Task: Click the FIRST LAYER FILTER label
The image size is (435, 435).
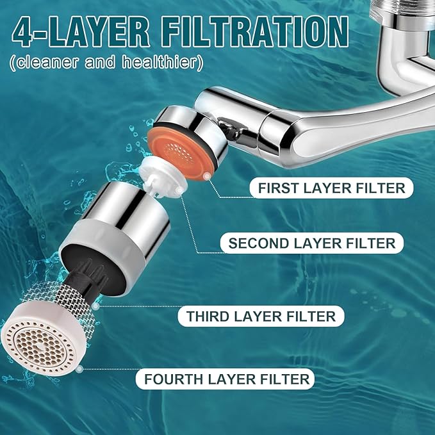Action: [x=331, y=188]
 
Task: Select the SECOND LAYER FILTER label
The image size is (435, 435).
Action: [x=313, y=243]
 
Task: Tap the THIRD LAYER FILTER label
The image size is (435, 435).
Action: [x=261, y=316]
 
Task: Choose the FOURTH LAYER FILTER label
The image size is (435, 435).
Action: [x=227, y=379]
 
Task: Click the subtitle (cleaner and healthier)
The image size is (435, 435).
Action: [x=106, y=63]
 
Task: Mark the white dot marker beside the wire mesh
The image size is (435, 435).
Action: [x=95, y=307]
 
